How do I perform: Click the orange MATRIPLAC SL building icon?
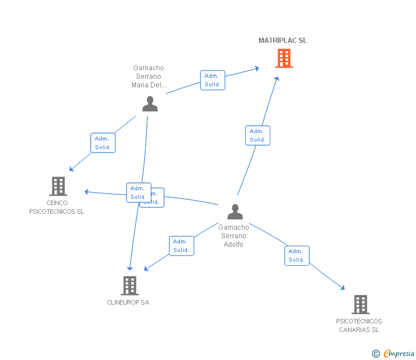(283, 58)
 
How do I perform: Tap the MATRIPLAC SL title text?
(282, 41)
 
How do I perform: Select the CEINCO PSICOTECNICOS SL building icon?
(58, 186)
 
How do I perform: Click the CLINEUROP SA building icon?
(130, 286)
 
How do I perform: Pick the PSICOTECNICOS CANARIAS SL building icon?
(360, 305)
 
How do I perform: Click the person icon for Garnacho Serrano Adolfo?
(235, 211)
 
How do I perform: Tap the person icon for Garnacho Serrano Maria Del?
(150, 103)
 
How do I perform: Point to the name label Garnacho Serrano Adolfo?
(234, 235)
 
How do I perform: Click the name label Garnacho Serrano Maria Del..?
(148, 77)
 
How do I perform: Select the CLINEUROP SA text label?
(128, 302)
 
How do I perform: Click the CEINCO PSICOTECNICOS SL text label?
(57, 207)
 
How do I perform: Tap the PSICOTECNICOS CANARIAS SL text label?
(359, 325)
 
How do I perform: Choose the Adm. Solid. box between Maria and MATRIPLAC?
(212, 80)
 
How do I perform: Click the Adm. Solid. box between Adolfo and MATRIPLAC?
(257, 135)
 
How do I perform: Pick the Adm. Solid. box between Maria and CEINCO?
(103, 143)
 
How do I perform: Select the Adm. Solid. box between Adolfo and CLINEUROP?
(181, 246)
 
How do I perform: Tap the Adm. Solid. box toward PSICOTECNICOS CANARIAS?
(297, 255)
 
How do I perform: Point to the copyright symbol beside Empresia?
(375, 354)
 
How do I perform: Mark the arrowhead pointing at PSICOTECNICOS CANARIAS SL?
(342, 288)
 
